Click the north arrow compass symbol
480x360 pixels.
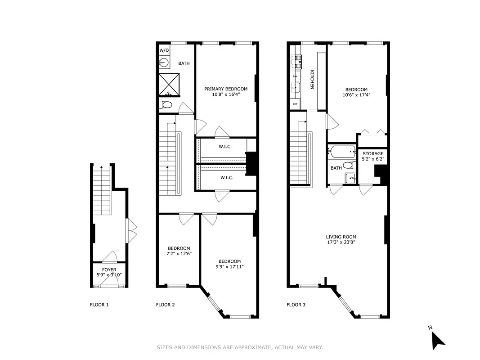point(437,339)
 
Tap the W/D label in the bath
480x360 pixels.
point(164,50)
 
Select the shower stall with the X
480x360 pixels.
point(169,84)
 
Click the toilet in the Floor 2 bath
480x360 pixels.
point(166,105)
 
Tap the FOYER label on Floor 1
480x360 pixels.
point(109,270)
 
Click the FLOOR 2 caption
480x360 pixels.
point(165,305)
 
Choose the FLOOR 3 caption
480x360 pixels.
point(296,305)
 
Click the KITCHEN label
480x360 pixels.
point(311,80)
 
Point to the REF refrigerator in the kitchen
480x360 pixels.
point(295,104)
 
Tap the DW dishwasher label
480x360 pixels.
point(295,76)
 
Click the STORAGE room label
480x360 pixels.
point(373,153)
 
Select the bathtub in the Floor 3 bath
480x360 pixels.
point(342,152)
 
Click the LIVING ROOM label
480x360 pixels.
point(341,237)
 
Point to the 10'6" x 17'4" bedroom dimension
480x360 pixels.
point(356,95)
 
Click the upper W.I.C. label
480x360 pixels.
point(225,147)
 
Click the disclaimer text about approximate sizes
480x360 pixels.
point(240,347)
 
